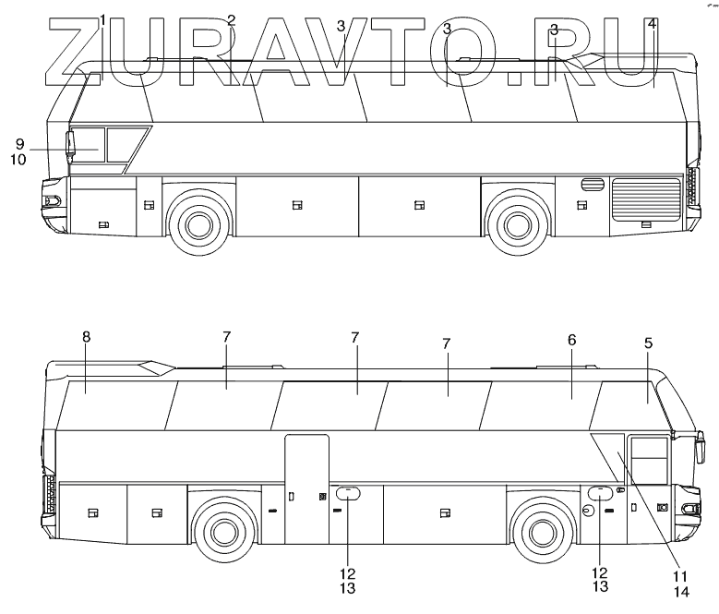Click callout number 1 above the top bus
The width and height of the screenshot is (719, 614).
click(102, 19)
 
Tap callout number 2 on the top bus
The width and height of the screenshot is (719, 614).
click(231, 19)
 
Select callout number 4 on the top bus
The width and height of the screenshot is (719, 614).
click(652, 24)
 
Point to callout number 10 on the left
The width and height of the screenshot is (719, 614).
click(18, 159)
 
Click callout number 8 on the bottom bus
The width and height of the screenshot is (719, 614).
click(86, 337)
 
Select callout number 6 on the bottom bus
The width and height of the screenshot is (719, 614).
click(571, 341)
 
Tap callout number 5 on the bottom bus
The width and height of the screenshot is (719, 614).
click(648, 343)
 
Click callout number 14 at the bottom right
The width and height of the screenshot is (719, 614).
click(681, 591)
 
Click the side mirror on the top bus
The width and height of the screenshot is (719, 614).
click(70, 145)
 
